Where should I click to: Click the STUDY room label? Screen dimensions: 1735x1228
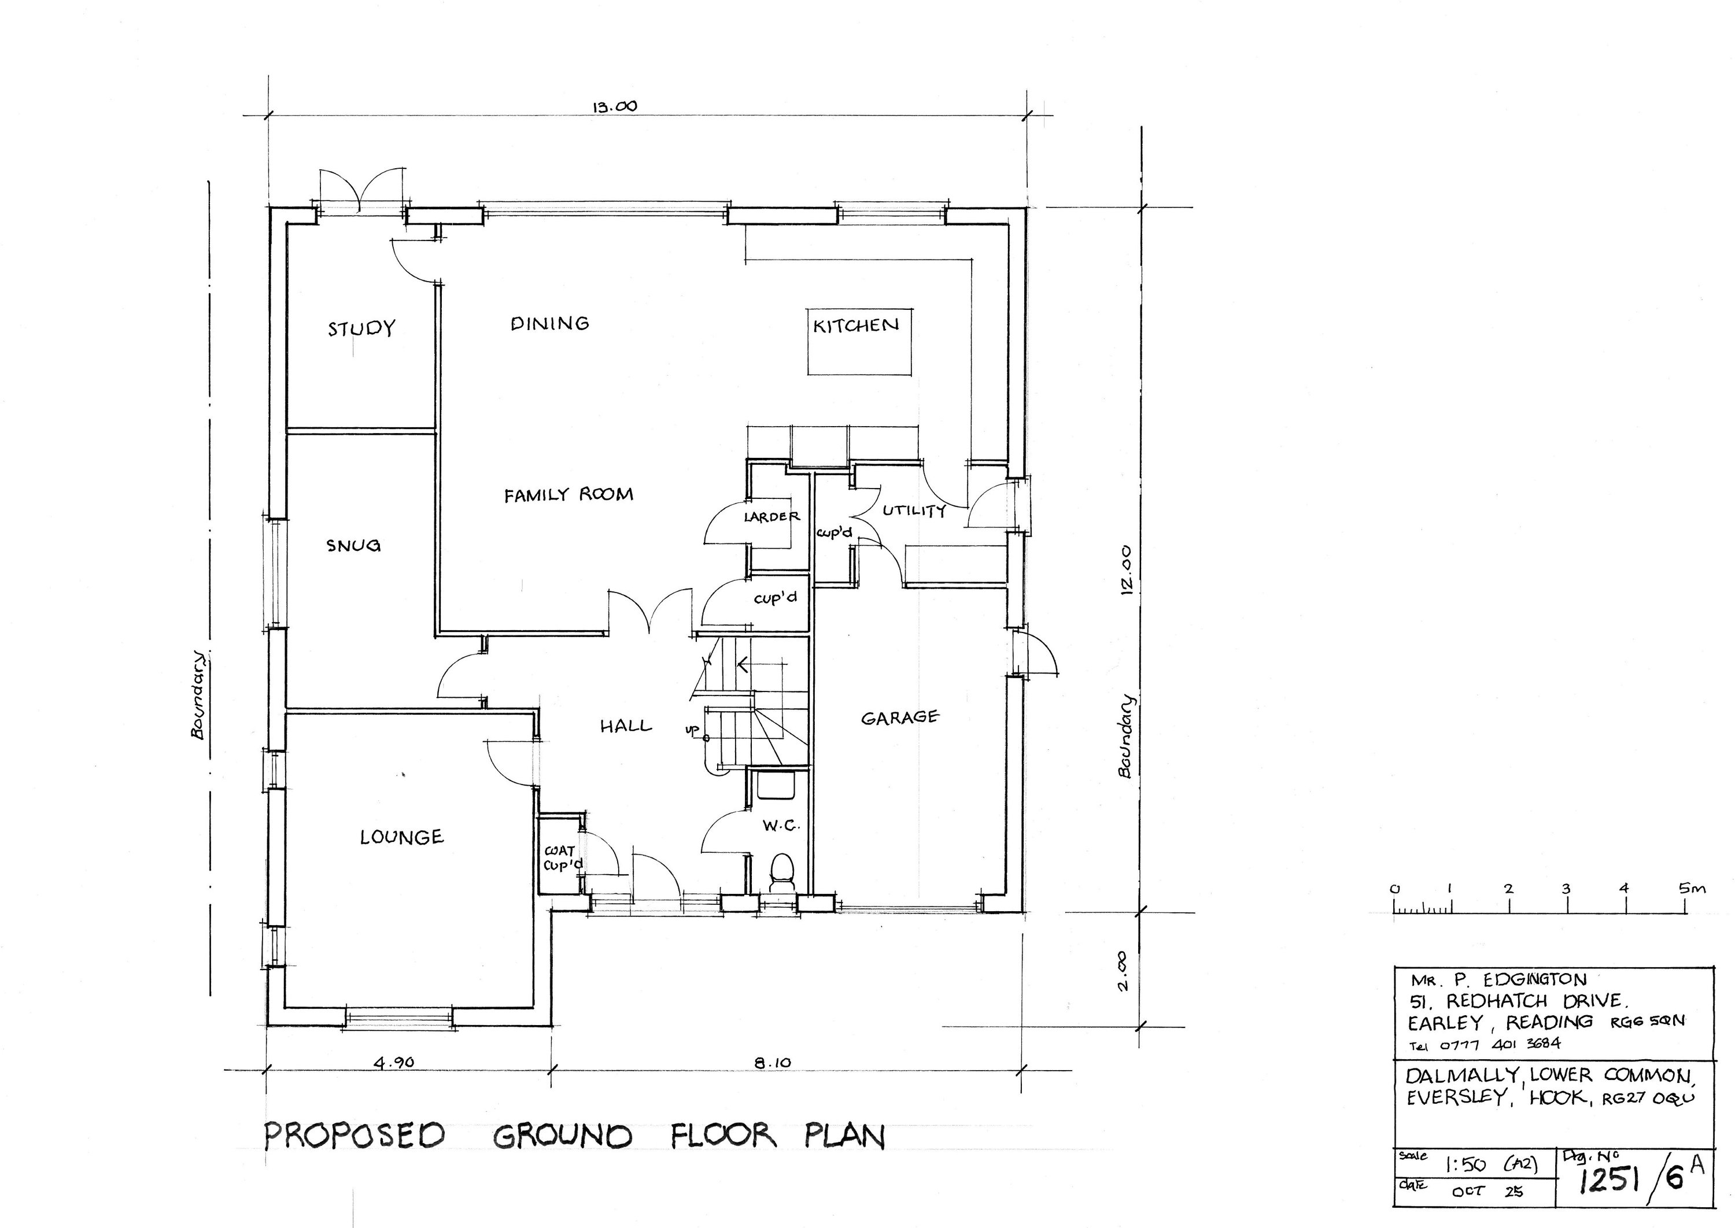click(x=361, y=328)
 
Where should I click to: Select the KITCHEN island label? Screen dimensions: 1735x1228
click(x=856, y=325)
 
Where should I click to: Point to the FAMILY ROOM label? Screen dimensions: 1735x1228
click(x=569, y=494)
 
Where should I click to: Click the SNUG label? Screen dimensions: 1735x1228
click(x=353, y=545)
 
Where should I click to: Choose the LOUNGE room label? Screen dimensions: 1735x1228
click(x=401, y=837)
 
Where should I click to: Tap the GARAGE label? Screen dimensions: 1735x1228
click(x=900, y=717)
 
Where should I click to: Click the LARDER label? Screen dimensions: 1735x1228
click(x=771, y=516)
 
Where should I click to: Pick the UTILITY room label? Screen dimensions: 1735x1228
click(x=914, y=511)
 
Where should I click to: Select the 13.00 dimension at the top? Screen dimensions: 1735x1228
click(x=614, y=106)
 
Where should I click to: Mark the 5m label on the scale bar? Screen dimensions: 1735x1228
click(x=1693, y=889)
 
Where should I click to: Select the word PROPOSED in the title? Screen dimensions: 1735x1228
click(x=355, y=1135)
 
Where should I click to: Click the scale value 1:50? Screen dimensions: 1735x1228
click(x=1461, y=1165)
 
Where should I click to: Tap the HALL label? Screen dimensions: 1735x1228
click(x=626, y=726)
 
